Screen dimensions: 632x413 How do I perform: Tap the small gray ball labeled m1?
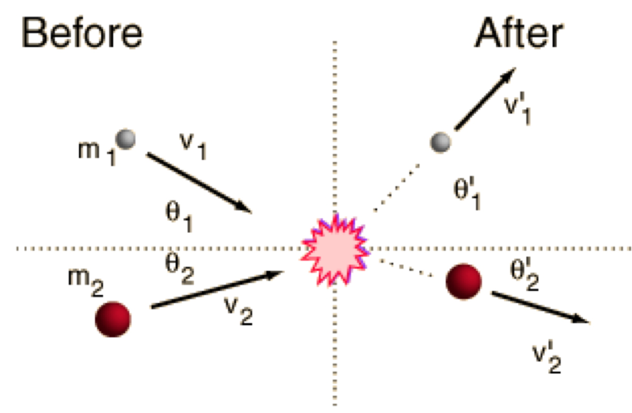click(126, 139)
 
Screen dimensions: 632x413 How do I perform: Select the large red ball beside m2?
click(113, 319)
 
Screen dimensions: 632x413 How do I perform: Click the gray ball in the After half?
click(441, 141)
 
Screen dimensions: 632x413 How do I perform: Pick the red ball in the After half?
click(464, 281)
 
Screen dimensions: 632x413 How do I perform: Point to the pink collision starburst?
click(335, 249)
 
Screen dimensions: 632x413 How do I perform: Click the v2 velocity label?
click(239, 312)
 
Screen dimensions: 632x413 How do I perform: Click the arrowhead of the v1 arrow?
click(246, 209)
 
